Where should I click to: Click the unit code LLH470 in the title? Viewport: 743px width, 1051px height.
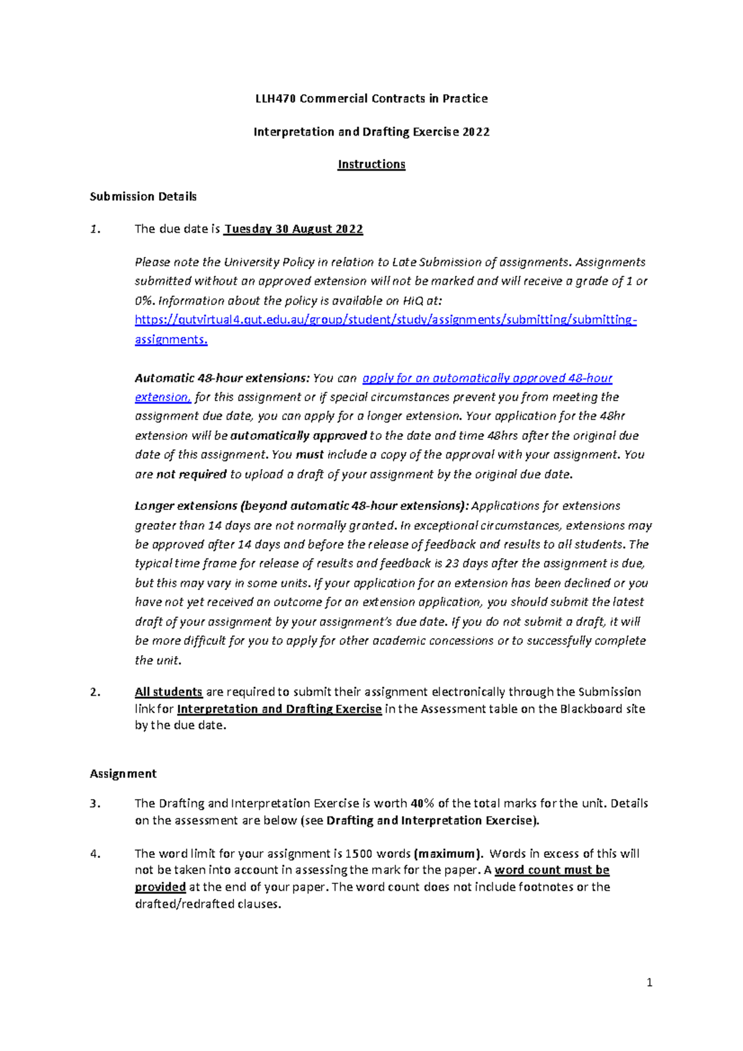[x=276, y=98]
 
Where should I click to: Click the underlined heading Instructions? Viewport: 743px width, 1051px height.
[x=371, y=164]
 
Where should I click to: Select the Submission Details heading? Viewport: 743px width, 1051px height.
[x=143, y=196]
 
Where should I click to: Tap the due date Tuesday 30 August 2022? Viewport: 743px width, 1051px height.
[x=293, y=229]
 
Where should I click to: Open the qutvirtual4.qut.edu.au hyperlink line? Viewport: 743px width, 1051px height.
[x=385, y=320]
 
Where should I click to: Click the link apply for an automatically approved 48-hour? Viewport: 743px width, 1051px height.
[x=487, y=378]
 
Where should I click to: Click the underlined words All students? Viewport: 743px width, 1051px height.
[x=168, y=692]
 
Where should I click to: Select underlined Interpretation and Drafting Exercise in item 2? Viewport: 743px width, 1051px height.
[x=279, y=709]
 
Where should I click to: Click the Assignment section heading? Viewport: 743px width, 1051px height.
[x=123, y=774]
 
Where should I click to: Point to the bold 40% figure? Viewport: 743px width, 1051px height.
[x=422, y=803]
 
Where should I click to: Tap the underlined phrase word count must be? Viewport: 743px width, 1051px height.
[x=552, y=870]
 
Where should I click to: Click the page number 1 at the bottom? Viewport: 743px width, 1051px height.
[x=649, y=982]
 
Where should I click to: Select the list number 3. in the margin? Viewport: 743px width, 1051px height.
[x=95, y=803]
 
